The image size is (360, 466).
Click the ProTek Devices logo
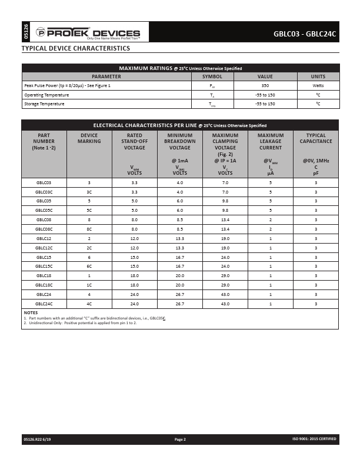click(x=88, y=33)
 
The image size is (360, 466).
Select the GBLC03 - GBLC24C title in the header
click(x=304, y=34)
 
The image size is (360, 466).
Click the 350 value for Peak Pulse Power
click(x=265, y=86)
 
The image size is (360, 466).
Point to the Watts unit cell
click(x=318, y=86)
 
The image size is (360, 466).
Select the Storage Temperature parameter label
click(x=44, y=104)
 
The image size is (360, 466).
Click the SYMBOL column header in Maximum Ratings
click(x=212, y=76)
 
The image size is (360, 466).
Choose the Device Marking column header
click(x=89, y=138)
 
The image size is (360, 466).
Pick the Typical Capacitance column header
click(x=316, y=138)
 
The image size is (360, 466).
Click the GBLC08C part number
click(x=44, y=228)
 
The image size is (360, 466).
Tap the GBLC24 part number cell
click(x=44, y=294)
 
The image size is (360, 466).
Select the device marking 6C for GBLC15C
click(x=89, y=266)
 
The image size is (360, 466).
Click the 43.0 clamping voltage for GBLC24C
click(x=225, y=304)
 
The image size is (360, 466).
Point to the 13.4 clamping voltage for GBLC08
click(x=225, y=219)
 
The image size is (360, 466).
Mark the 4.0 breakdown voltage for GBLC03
click(x=179, y=182)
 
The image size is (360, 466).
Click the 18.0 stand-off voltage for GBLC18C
click(x=134, y=285)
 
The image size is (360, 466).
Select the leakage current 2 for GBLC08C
click(x=271, y=228)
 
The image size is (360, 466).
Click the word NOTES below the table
click(x=31, y=312)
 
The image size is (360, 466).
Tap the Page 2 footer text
click(x=180, y=440)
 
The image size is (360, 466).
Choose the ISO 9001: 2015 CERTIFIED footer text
click(x=314, y=440)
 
